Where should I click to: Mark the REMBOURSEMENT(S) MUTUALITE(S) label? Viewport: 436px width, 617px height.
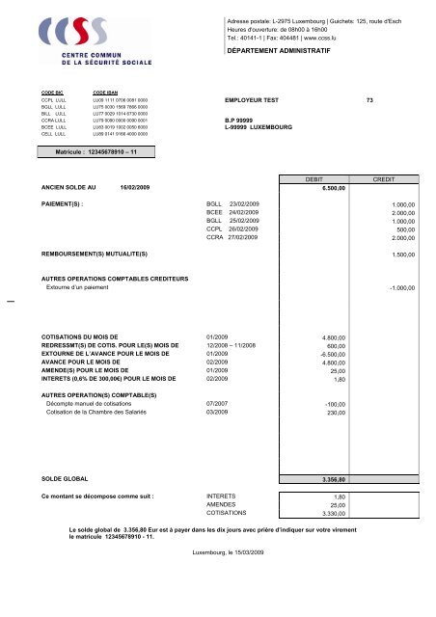coord(94,254)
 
